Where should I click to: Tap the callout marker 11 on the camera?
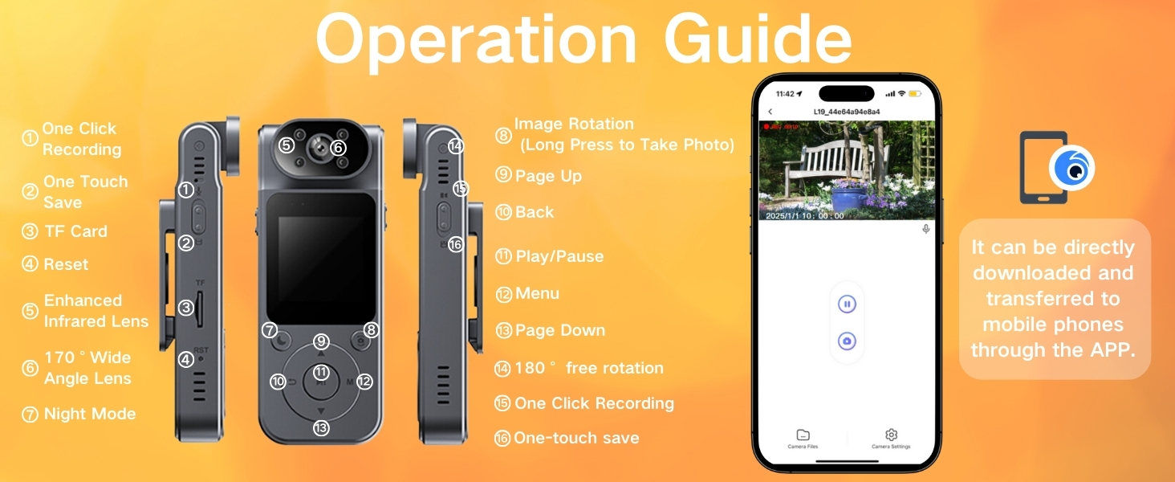321,372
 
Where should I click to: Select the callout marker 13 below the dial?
321,428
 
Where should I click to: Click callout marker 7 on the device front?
270,330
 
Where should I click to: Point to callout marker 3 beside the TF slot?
186,307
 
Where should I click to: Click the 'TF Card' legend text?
75,231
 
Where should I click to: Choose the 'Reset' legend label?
66,264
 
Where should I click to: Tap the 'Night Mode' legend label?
89,414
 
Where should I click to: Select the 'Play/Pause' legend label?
559,256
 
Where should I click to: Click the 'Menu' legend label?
537,293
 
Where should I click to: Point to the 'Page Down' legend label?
560,330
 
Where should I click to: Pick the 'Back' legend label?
535,212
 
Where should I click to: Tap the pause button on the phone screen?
847,304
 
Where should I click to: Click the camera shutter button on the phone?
847,341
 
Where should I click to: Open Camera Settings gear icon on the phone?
891,435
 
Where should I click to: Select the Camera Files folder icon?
803,435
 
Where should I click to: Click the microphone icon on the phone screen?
925,229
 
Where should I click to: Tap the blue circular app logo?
1071,169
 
